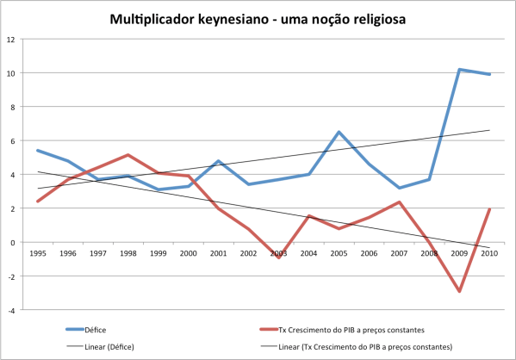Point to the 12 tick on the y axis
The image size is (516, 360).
click(x=11, y=40)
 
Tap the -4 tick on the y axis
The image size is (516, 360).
click(x=11, y=310)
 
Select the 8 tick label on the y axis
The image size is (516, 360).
click(x=12, y=107)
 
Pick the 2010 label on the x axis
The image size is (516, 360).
click(x=489, y=254)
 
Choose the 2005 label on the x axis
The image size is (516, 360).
click(x=339, y=254)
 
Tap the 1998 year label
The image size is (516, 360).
click(x=127, y=254)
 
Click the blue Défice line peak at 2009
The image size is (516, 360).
click(x=459, y=70)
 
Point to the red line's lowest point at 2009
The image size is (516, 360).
click(x=459, y=292)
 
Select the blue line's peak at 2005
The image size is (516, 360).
click(x=339, y=132)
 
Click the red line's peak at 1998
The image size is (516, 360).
click(x=127, y=155)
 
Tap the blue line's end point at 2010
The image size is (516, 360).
click(x=489, y=75)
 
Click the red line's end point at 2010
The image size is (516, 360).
click(x=489, y=209)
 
